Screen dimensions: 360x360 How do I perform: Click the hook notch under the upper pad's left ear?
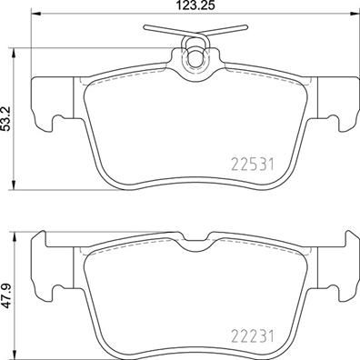(x=56, y=118)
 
